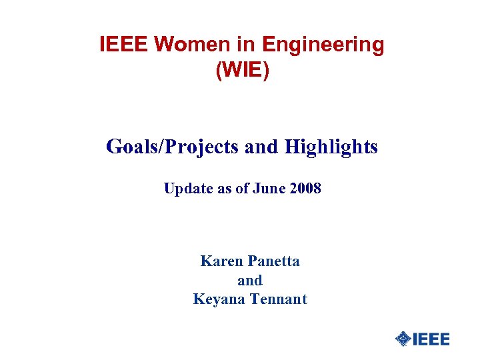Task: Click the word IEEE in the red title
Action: (124, 45)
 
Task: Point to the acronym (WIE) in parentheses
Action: (243, 70)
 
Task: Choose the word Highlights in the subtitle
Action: (331, 147)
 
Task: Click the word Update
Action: (188, 189)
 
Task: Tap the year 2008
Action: (306, 189)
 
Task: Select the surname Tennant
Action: (279, 299)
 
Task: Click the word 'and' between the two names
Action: (250, 280)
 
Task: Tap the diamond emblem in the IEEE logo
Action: (403, 339)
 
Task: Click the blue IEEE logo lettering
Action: (431, 339)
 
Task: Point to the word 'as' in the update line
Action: (225, 189)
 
